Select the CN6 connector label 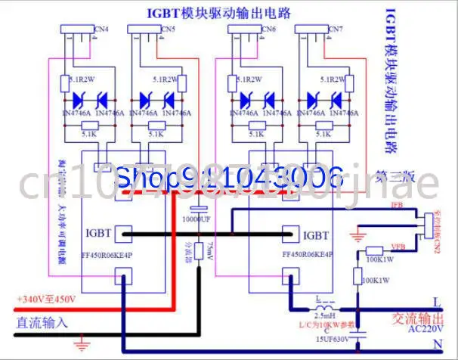268,29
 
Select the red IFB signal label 396,206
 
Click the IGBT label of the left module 101,233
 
